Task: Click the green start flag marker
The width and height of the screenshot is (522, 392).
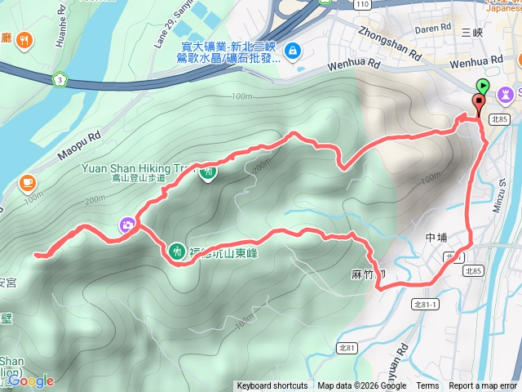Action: click(x=483, y=84)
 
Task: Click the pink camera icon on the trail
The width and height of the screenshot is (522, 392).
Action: click(x=128, y=225)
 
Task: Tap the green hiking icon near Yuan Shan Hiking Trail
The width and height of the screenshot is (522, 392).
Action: click(x=208, y=172)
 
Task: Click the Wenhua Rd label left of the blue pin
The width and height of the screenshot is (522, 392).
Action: click(x=354, y=64)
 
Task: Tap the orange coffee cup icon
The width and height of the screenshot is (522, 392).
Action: click(x=28, y=180)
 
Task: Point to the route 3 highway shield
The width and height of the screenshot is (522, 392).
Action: click(x=60, y=79)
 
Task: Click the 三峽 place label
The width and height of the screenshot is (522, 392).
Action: click(x=472, y=33)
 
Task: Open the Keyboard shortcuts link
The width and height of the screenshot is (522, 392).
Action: click(x=272, y=386)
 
